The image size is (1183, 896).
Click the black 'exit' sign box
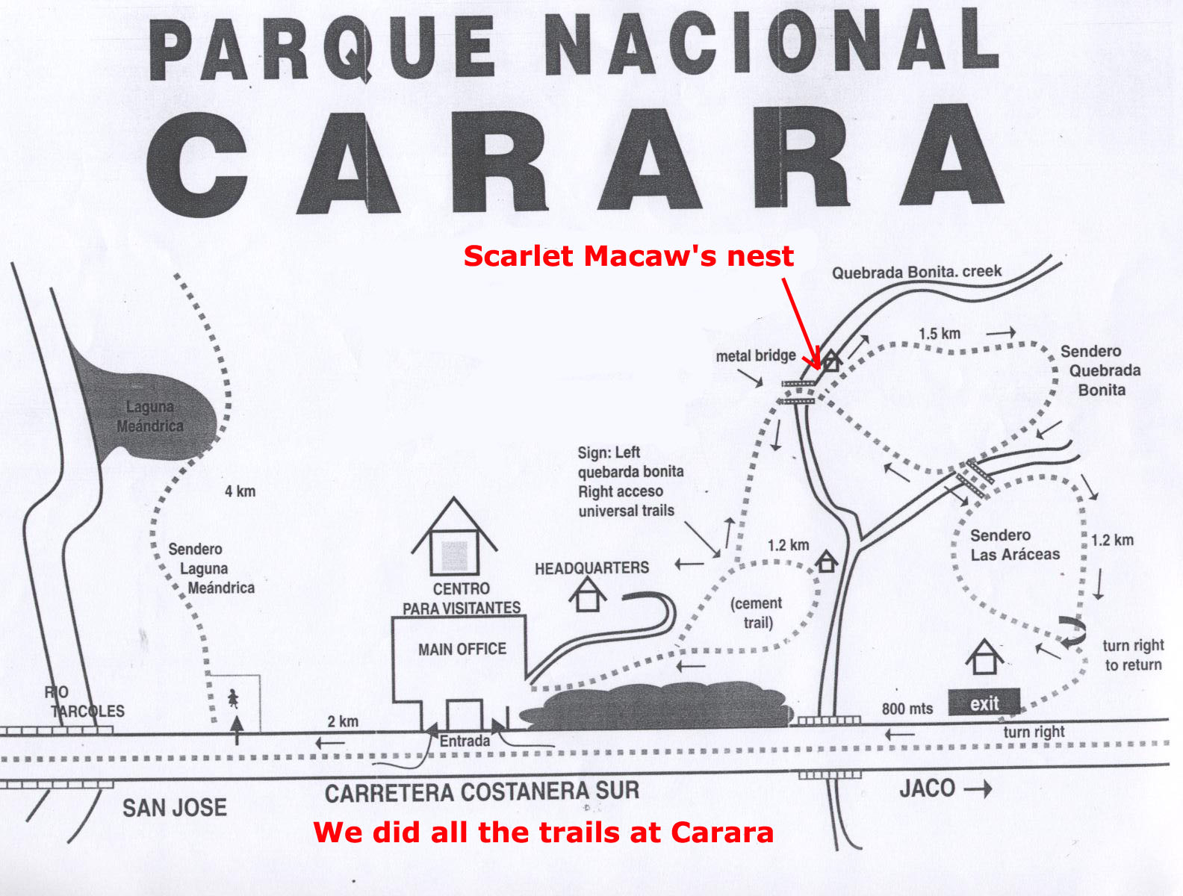[x=984, y=703]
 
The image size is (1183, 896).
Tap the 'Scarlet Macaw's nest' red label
[x=628, y=255]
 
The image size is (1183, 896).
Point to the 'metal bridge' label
[x=755, y=356]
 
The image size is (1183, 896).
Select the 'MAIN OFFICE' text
[x=462, y=649]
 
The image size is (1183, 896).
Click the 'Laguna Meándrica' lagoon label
[x=150, y=417]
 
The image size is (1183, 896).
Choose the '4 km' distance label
[x=240, y=491]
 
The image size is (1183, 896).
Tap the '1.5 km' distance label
[x=939, y=334]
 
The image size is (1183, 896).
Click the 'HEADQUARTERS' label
[x=591, y=568]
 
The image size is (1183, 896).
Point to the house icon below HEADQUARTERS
[x=587, y=595]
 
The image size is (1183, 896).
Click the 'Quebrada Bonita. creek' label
[x=916, y=272]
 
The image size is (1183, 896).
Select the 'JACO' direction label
[x=927, y=788]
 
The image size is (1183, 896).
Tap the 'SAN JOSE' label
[x=174, y=807]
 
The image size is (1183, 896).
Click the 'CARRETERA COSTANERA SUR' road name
[x=482, y=792]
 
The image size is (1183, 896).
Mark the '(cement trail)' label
[x=757, y=613]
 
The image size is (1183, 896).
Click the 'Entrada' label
[x=465, y=741]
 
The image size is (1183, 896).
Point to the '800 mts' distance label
[x=907, y=709]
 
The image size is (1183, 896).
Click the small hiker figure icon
[x=233, y=699]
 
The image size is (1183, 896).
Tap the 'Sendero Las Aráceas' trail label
[x=1014, y=545]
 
